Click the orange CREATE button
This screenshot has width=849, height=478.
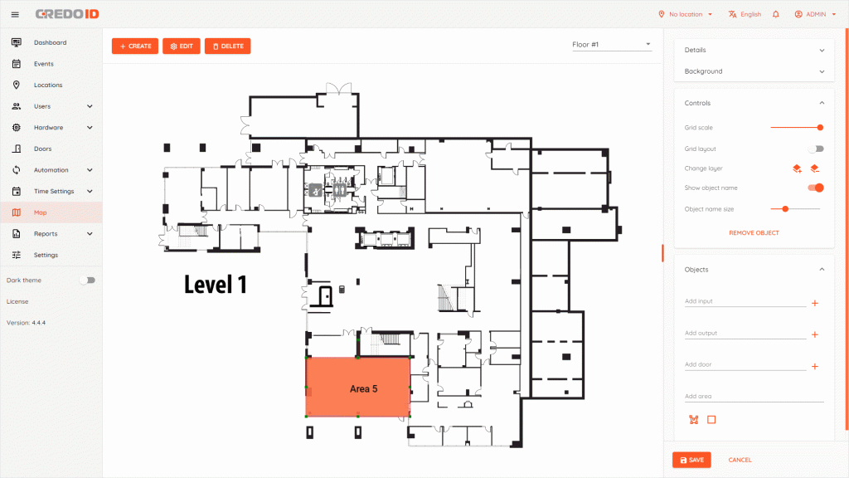pos(135,46)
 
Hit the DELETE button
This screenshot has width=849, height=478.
pos(227,46)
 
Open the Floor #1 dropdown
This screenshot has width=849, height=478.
pos(611,45)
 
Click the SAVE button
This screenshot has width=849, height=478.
pos(691,460)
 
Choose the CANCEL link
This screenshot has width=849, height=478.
pos(740,460)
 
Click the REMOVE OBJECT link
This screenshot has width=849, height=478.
pos(754,233)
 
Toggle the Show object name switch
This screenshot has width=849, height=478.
pos(816,188)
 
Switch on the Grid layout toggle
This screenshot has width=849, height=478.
pos(816,149)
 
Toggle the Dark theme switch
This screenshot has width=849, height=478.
pos(87,280)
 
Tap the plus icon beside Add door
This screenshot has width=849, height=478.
pos(815,366)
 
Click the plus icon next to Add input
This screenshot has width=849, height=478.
pos(815,304)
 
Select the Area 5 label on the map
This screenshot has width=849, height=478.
pos(363,389)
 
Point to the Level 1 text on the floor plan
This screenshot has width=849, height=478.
pos(216,285)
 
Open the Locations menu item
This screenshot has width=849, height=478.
pos(48,85)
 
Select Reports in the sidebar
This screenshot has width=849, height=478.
pos(46,234)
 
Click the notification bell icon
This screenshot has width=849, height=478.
pos(776,14)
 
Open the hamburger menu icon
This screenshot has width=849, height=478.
pos(15,15)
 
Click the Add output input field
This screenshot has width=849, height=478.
pos(745,334)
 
